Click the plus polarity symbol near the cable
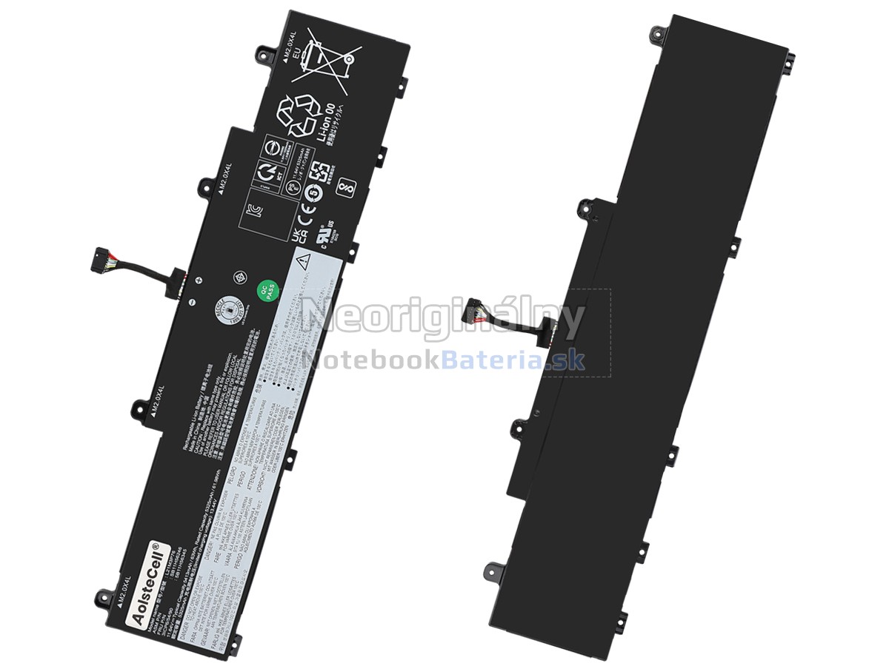(199, 280)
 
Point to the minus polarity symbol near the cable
(190, 302)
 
